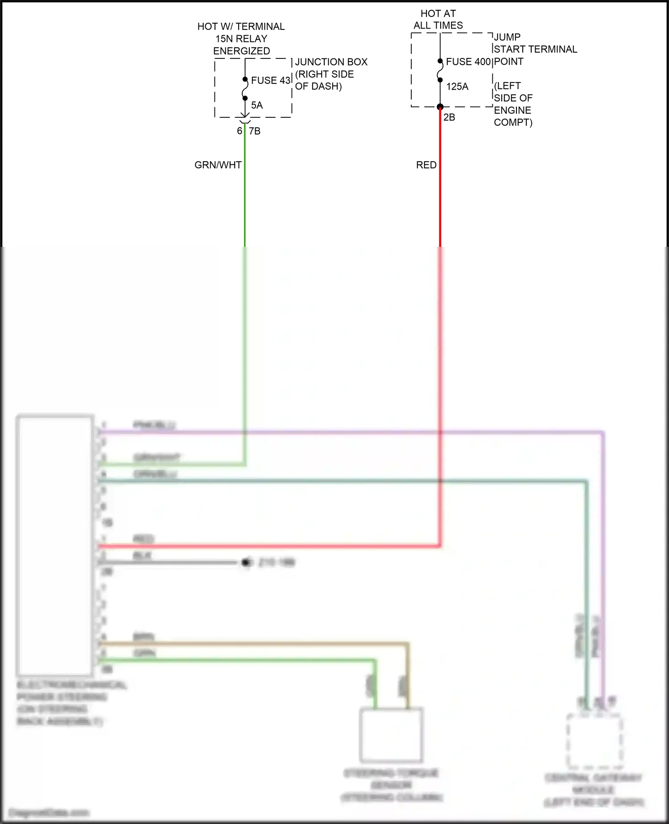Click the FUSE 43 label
click(270, 80)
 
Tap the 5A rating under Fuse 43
click(257, 105)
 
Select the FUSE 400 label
click(468, 62)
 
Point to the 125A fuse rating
click(457, 87)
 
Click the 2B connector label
click(449, 117)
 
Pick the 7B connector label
click(255, 131)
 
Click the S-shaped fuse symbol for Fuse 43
click(245, 89)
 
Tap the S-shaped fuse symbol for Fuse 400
click(440, 71)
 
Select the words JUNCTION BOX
click(331, 62)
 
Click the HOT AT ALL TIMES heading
click(438, 20)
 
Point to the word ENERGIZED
click(241, 51)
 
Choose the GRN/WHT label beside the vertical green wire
click(218, 165)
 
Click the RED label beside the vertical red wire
click(426, 165)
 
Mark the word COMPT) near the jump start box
click(513, 122)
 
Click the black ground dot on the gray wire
click(245, 562)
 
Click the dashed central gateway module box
click(594, 741)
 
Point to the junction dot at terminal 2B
click(440, 107)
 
